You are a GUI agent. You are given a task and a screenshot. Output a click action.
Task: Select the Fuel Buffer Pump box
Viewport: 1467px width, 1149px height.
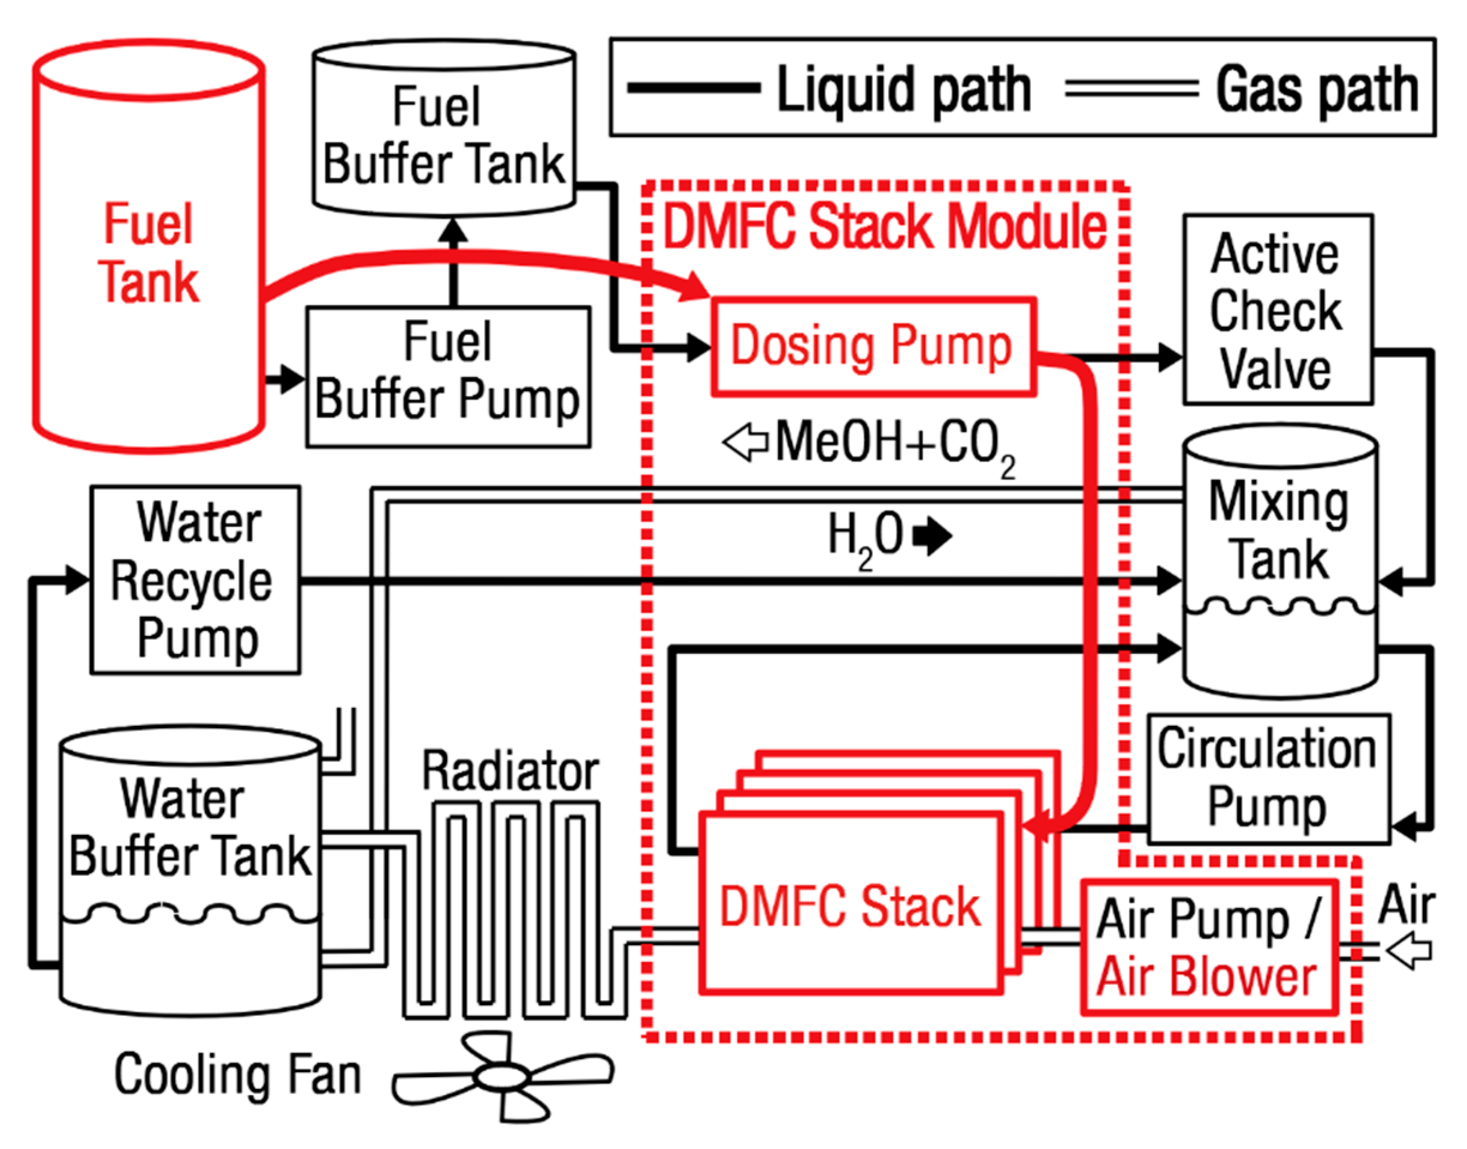447,377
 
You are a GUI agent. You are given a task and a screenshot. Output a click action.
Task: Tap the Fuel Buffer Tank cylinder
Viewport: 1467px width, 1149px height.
444,134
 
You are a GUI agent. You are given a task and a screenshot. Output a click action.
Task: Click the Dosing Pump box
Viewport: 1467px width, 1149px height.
873,346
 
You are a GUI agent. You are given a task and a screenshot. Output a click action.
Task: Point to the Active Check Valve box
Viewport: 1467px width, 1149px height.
1277,310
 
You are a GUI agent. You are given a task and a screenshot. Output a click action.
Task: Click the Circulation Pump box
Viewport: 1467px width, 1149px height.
1268,779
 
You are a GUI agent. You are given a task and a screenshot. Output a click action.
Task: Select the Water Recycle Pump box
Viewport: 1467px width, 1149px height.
195,580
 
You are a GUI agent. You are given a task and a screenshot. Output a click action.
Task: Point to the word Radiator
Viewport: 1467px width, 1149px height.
510,771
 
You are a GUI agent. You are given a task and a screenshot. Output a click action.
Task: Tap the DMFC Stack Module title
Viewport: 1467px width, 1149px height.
885,226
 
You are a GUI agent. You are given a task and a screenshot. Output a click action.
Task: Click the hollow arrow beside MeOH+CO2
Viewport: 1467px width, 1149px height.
745,442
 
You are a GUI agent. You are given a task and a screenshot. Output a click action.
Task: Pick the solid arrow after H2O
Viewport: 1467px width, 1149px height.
933,536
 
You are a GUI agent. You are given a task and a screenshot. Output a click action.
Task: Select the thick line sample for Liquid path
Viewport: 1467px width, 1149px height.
693,88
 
